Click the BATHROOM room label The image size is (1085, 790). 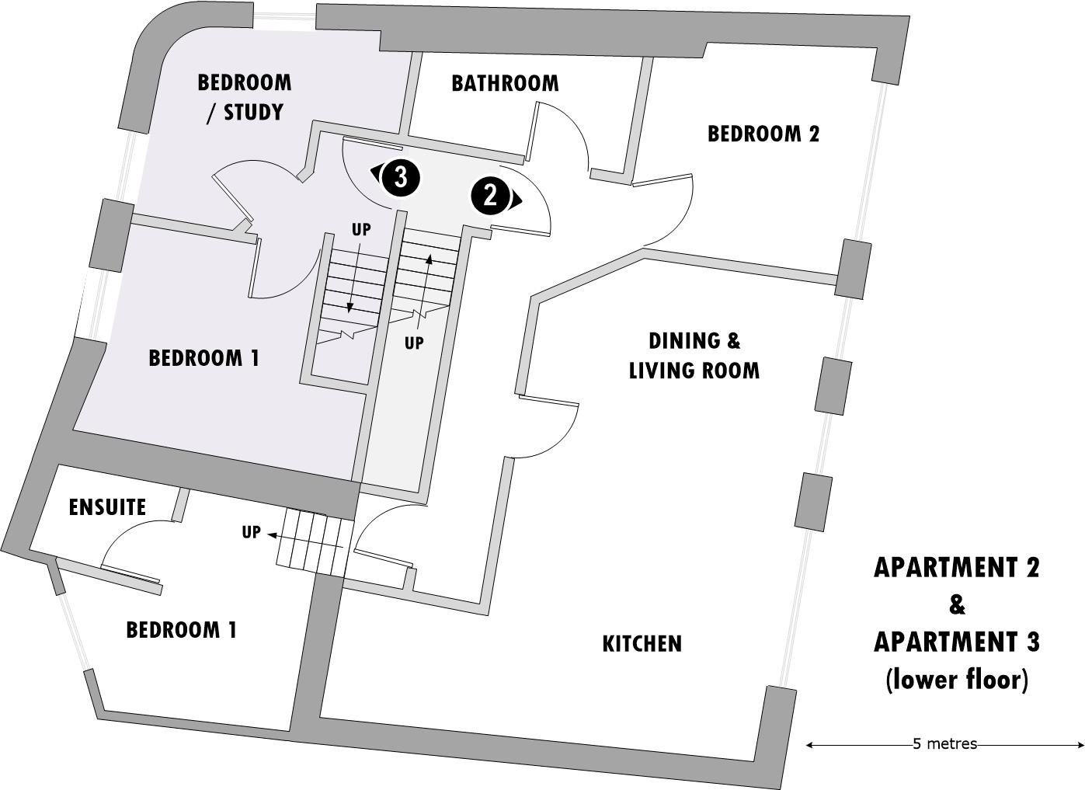(505, 83)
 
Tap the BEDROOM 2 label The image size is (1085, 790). (763, 134)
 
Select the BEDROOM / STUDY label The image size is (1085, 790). (245, 97)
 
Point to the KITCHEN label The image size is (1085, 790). (642, 643)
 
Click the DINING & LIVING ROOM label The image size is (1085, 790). (694, 355)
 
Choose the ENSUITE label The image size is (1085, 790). (107, 507)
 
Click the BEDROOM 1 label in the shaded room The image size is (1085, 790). (203, 358)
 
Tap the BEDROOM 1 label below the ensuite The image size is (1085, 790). (181, 629)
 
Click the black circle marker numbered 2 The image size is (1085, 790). (490, 195)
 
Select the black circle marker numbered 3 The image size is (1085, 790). (401, 177)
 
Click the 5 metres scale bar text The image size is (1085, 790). (944, 744)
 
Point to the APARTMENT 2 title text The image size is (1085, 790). (956, 568)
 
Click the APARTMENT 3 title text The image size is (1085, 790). (956, 642)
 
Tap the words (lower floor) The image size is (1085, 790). (956, 680)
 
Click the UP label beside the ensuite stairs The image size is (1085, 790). (251, 532)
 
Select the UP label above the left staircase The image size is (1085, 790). (361, 230)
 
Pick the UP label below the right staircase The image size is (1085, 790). (414, 343)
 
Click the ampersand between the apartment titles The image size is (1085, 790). (956, 605)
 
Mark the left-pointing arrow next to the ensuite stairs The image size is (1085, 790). (273, 534)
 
